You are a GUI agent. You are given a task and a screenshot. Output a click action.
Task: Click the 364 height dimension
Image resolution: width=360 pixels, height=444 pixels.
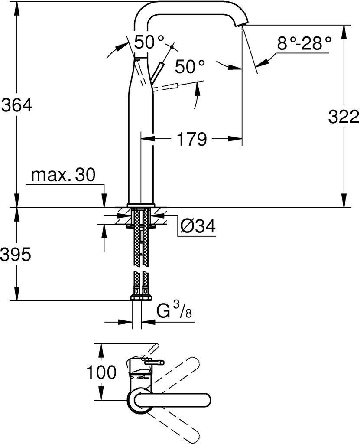[x=17, y=105]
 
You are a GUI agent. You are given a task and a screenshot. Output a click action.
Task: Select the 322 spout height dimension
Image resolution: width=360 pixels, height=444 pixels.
[x=344, y=117]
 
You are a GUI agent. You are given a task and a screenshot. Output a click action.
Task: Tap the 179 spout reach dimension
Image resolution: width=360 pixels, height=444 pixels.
[x=191, y=139]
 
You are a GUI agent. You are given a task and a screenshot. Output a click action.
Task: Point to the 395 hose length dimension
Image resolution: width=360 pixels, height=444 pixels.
[x=15, y=255]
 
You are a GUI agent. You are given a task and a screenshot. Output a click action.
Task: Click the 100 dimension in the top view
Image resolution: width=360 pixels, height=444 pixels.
[x=101, y=372]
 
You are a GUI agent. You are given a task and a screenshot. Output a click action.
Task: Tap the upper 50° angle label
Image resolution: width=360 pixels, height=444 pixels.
[x=149, y=42]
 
